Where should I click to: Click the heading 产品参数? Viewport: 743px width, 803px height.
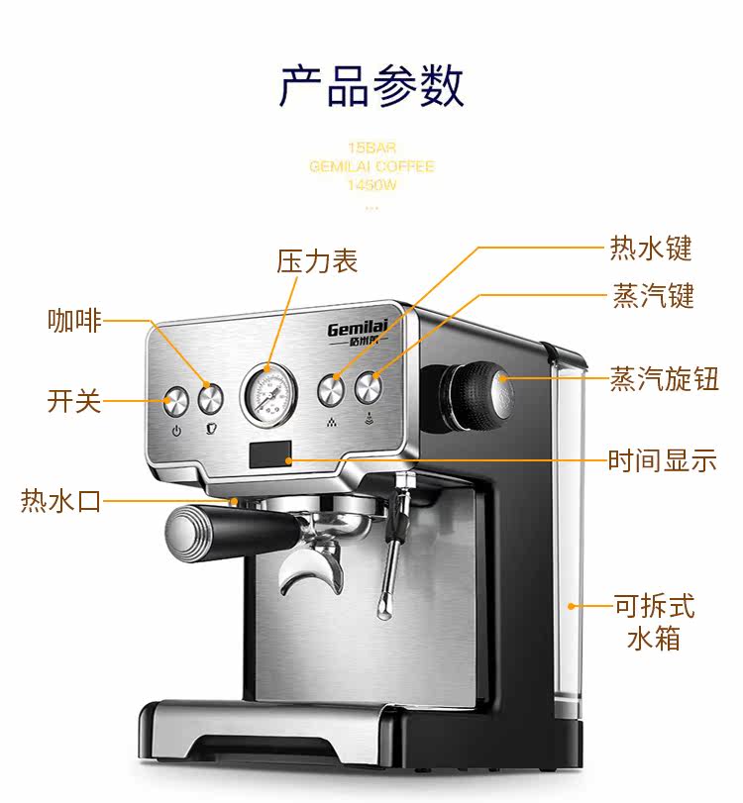[x=371, y=85]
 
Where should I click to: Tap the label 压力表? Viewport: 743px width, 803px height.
[x=317, y=261]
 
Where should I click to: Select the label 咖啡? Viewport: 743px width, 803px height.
[x=74, y=321]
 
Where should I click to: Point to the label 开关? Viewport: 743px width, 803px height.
[x=74, y=401]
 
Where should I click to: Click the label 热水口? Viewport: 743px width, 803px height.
[x=60, y=501]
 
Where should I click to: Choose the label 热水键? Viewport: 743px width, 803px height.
[x=651, y=248]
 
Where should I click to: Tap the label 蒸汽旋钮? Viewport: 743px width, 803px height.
[x=664, y=379]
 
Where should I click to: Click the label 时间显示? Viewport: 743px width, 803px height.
[x=662, y=461]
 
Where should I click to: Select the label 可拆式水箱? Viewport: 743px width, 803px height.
[x=654, y=621]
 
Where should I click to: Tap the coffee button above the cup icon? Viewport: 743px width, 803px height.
[x=210, y=398]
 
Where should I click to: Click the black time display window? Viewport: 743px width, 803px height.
[x=270, y=454]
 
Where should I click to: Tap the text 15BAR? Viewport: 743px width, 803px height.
[x=371, y=149]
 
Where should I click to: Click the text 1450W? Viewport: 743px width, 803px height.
[x=371, y=185]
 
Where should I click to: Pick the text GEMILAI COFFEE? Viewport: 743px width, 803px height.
[x=371, y=166]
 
